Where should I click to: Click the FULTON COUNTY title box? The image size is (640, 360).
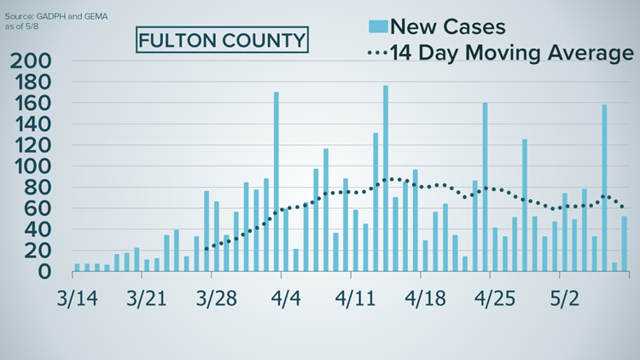click(x=221, y=40)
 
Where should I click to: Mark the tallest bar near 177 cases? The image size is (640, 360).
click(x=386, y=178)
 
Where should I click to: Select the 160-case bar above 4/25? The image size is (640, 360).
click(x=485, y=187)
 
